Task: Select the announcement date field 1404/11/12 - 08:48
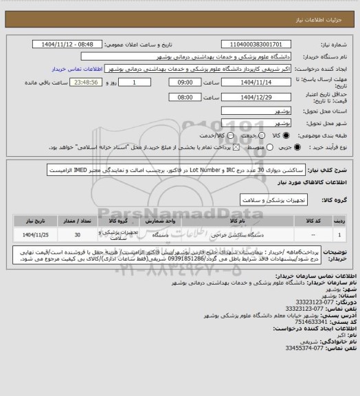[69, 44]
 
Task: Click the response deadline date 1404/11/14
[255, 82]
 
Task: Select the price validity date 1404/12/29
[255, 97]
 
